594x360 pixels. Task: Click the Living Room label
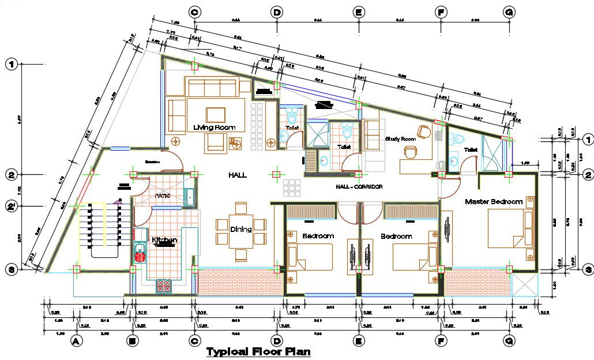tap(215, 127)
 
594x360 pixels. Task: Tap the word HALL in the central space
tap(237, 174)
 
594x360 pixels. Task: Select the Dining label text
tap(241, 229)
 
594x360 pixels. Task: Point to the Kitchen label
tap(164, 239)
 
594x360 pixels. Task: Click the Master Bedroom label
tap(493, 201)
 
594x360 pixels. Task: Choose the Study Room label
tap(400, 139)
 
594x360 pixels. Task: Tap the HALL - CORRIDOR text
tap(359, 187)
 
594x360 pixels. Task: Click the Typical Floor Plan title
tap(258, 351)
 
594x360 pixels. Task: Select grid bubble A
tap(74, 342)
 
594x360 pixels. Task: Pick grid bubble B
tap(133, 342)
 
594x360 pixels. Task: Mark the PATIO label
tap(163, 196)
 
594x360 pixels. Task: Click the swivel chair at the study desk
tap(410, 152)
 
